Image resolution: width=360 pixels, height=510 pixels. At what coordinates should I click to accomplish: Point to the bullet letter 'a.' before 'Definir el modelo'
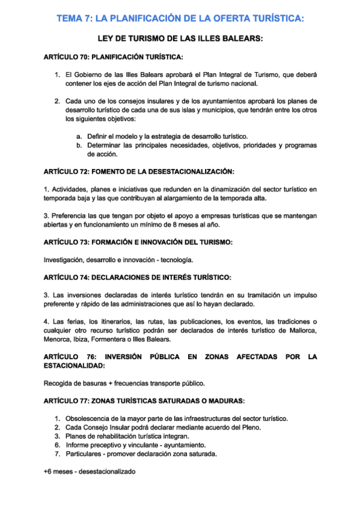[79, 137]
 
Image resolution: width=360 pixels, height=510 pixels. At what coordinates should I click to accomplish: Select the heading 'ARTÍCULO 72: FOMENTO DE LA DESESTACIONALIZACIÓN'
[139, 172]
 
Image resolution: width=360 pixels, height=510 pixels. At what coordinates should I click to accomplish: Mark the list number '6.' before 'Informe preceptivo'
[58, 445]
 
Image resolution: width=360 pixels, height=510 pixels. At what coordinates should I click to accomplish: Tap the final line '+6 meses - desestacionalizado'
[90, 472]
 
